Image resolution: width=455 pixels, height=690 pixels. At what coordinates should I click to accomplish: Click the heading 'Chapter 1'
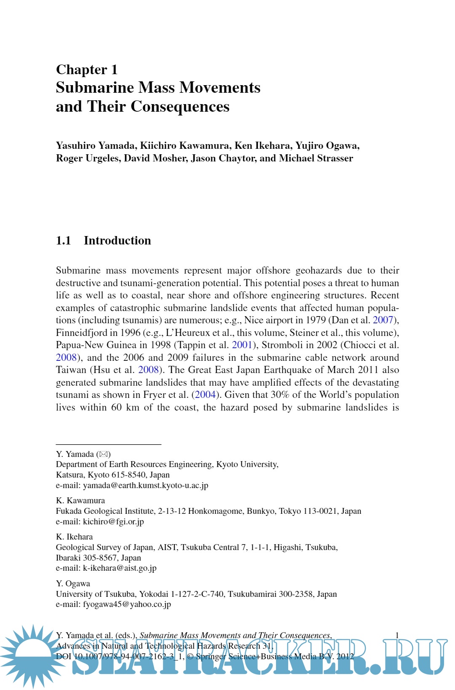tap(87, 70)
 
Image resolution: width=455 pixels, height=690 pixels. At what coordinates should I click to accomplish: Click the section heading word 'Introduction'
tap(117, 241)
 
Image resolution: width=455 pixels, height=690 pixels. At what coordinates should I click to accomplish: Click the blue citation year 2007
tap(383, 320)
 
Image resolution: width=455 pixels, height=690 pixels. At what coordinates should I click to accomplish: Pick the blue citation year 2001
tap(242, 345)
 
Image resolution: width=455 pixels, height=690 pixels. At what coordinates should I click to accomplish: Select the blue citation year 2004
tap(206, 395)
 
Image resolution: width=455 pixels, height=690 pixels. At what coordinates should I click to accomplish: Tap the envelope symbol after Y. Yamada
tap(104, 454)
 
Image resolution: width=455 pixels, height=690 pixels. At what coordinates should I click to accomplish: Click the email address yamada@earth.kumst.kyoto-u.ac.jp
tap(145, 486)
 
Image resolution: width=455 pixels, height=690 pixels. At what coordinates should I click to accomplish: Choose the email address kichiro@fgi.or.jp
tap(113, 522)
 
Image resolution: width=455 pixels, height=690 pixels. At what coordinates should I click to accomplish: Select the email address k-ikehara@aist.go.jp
tap(120, 568)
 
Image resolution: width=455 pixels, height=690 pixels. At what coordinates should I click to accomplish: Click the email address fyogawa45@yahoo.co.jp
tap(127, 604)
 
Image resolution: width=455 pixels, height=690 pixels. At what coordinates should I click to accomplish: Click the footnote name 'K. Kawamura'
tap(80, 501)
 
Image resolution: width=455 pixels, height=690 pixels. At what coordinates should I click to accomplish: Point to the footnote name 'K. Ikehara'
tap(74, 537)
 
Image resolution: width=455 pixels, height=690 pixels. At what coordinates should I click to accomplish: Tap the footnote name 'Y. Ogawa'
tap(73, 584)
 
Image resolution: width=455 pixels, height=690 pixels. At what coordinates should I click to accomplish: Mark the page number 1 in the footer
tap(397, 635)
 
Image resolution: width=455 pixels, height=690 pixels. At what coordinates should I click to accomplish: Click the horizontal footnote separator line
tap(108, 444)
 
